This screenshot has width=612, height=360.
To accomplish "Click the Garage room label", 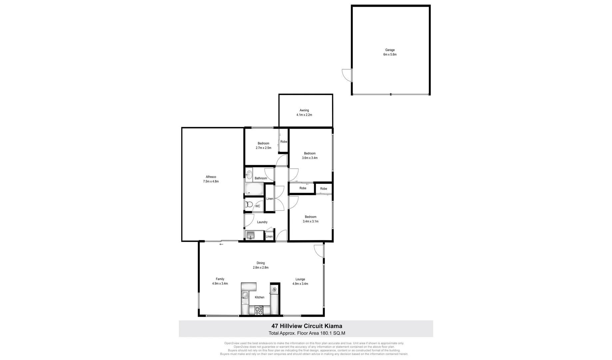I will coord(390,50).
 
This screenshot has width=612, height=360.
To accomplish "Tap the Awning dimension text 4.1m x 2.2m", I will coord(304,115).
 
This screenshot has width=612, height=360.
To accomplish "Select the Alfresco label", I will coord(211,177).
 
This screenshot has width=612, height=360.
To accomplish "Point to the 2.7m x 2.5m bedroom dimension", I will coord(263,148).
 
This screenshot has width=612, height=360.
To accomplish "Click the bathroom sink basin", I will coord(249,174).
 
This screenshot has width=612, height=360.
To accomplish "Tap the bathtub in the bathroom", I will coord(255,189).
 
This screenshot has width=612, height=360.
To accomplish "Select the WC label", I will coord(258,206).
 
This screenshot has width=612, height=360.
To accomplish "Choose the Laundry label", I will coord(262,222).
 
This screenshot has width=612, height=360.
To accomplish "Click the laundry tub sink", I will coord(250,235).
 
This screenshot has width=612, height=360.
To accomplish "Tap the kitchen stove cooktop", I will coord(259,310).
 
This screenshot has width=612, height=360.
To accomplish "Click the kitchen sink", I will coord(245,295).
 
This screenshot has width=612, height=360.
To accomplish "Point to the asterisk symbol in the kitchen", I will coord(274,290).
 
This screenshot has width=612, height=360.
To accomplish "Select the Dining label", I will coord(261,263).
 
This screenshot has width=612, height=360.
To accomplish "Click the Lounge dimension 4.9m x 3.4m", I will coord(300,284).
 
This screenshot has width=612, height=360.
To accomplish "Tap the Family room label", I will coord(220,279).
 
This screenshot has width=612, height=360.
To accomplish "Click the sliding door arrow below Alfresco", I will coord(221,244).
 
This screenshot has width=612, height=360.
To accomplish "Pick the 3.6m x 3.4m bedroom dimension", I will coord(309,158).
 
